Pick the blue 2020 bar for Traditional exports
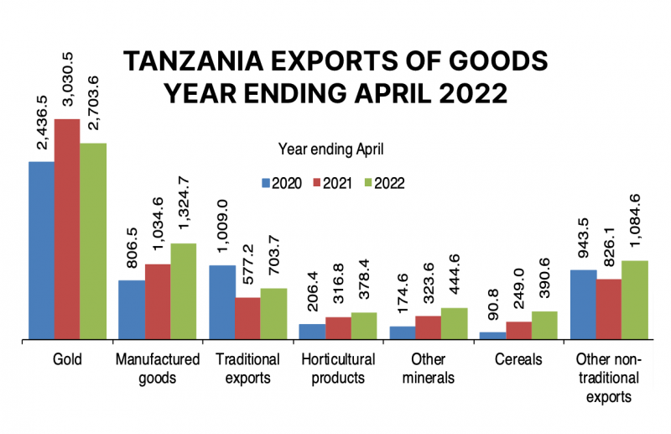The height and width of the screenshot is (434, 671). tap(221, 302)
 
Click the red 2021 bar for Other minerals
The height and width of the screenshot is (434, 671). tap(428, 327)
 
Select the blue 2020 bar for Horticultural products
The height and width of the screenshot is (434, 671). tap(311, 332)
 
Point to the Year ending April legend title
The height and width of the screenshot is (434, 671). tap(331, 150)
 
